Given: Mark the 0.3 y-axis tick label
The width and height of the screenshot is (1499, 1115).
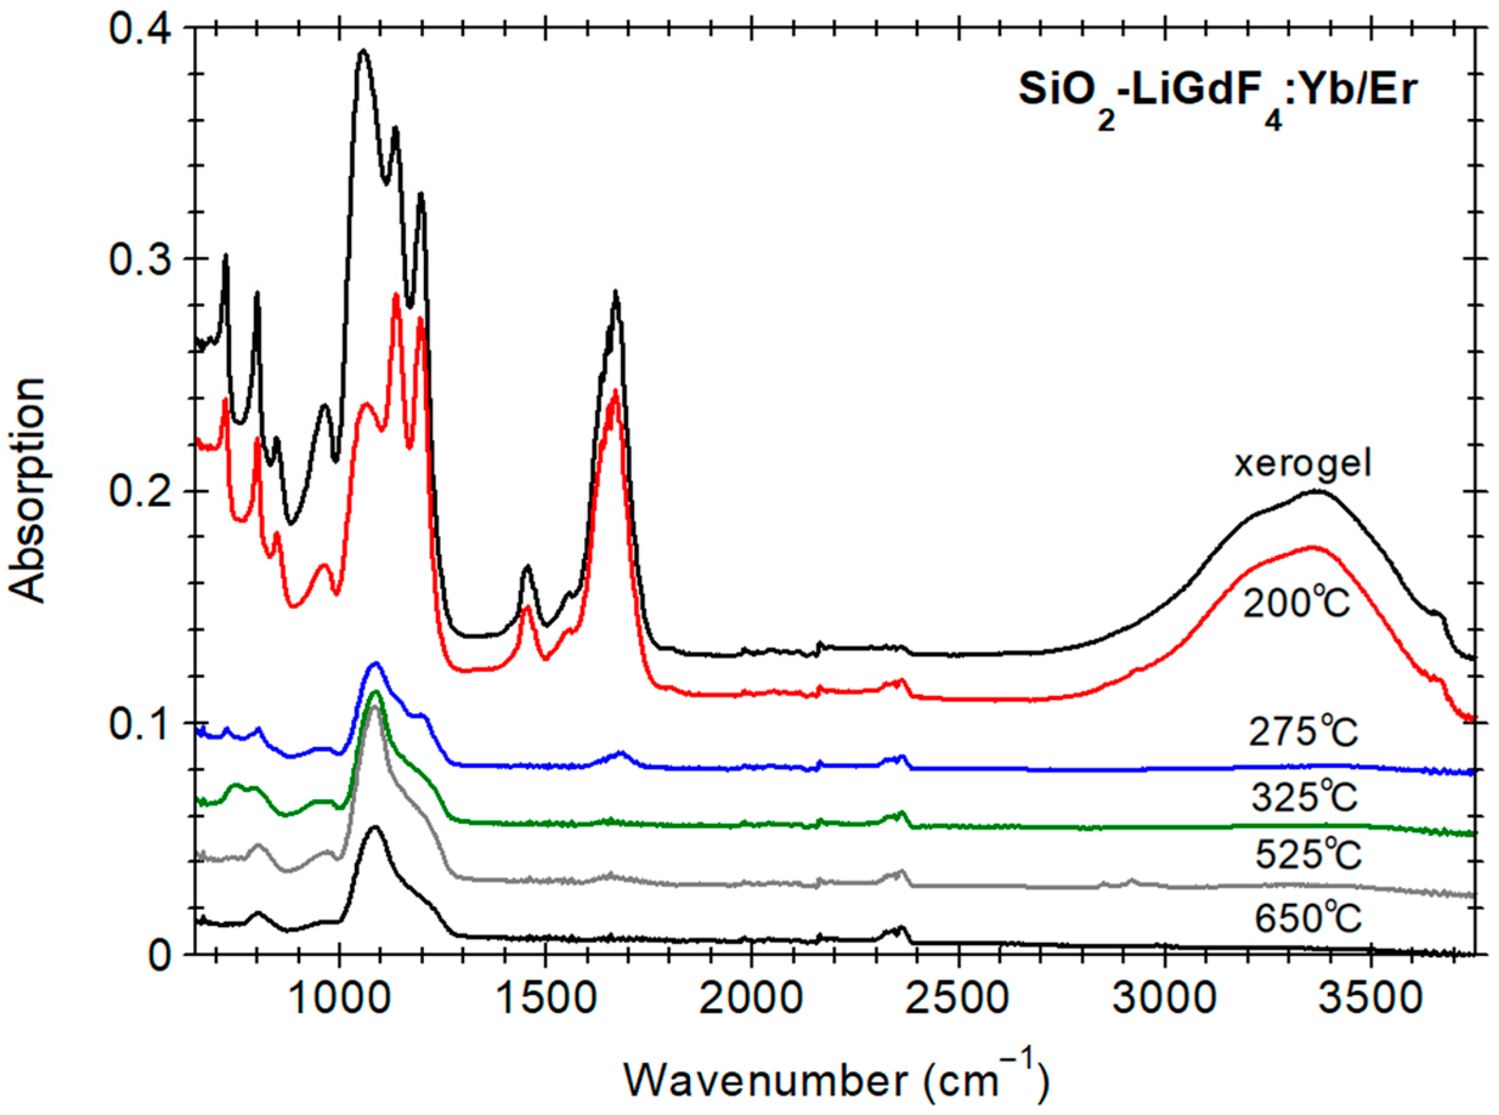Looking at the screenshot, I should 140,259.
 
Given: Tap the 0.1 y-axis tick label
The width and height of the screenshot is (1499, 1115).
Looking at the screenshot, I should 140,722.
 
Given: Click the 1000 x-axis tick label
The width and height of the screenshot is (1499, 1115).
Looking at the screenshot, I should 338,999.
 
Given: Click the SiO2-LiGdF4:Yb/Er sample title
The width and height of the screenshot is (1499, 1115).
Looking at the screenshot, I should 1215,96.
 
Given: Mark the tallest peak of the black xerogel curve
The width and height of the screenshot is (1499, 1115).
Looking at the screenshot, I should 363,50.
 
